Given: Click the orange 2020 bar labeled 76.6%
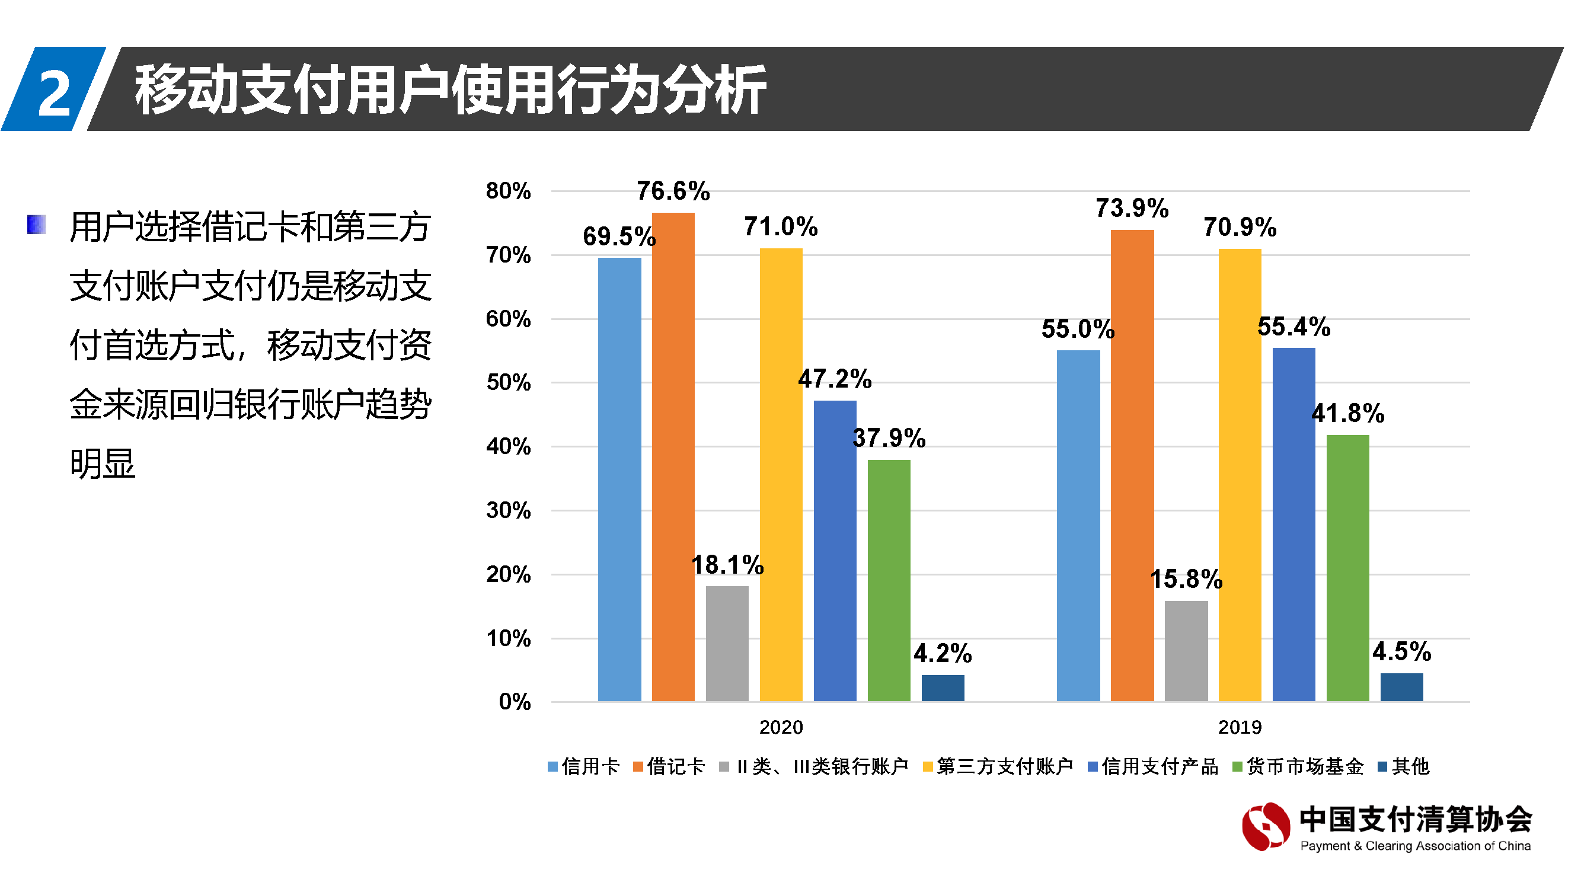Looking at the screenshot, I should pyautogui.click(x=673, y=457).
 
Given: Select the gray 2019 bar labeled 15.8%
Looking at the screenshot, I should pyautogui.click(x=1186, y=651).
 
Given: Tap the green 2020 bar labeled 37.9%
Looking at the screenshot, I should pyautogui.click(x=889, y=580).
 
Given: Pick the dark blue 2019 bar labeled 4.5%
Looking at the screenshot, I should pyautogui.click(x=1402, y=687).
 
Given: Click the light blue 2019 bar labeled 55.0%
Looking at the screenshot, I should pyautogui.click(x=1078, y=526).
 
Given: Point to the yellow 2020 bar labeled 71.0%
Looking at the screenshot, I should pyautogui.click(x=781, y=475).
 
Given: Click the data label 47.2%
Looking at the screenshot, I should pyautogui.click(x=835, y=379).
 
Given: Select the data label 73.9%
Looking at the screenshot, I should pyautogui.click(x=1132, y=208).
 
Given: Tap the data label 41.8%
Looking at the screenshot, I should pyautogui.click(x=1348, y=414).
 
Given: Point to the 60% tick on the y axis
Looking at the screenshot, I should pyautogui.click(x=508, y=319).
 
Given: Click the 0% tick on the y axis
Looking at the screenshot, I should pyautogui.click(x=515, y=702).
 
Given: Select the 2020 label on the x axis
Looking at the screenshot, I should pyautogui.click(x=781, y=728).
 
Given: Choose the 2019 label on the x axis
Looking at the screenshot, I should pyautogui.click(x=1240, y=728).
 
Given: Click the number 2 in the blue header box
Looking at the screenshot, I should pyautogui.click(x=54, y=92).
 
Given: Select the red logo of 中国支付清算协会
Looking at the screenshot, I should pyautogui.click(x=1266, y=827).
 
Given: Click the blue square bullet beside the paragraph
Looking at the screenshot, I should pyautogui.click(x=37, y=225).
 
